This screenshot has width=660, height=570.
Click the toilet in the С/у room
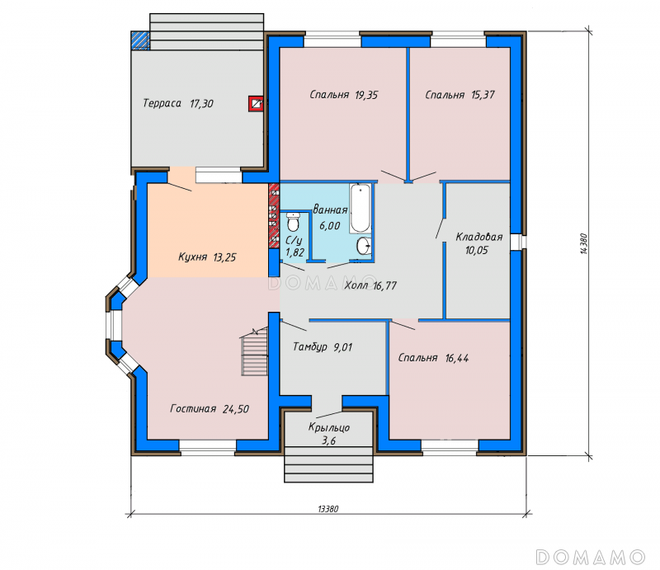(293, 222)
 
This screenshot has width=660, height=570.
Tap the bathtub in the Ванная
(361, 208)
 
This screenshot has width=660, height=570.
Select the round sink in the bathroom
(364, 246)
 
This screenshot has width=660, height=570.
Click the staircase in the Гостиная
(254, 351)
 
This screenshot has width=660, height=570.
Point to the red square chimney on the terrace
(256, 104)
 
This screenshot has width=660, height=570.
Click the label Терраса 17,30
(178, 103)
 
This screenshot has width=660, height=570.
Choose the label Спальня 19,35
(343, 95)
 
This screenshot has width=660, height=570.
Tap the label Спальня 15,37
(460, 95)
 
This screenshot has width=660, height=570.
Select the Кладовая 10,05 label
(478, 243)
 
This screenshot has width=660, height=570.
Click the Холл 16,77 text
(370, 285)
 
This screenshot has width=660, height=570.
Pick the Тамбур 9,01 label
(323, 347)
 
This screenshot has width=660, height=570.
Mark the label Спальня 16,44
(433, 358)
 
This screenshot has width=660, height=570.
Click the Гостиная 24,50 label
(210, 408)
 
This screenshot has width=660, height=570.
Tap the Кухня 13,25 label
(207, 257)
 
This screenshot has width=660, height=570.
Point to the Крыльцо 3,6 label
(328, 434)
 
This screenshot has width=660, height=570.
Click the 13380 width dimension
(328, 509)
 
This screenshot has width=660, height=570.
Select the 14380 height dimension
(583, 243)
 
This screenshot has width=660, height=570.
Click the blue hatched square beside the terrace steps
(140, 40)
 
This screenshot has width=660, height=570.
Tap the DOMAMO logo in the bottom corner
(590, 557)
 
